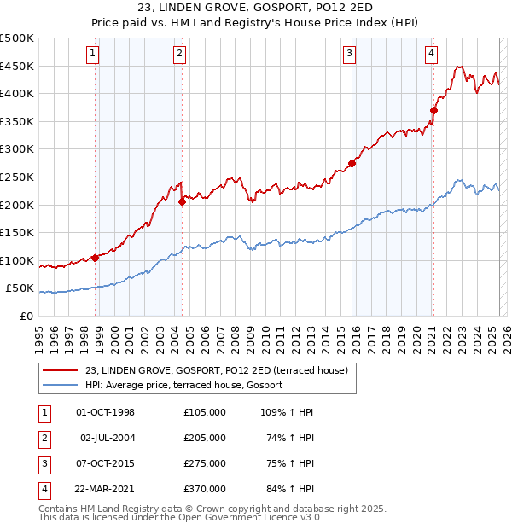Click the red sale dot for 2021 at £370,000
pyautogui.click(x=433, y=110)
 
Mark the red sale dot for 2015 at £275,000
pyautogui.click(x=352, y=163)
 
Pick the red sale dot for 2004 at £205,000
pyautogui.click(x=182, y=202)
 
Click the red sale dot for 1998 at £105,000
pyautogui.click(x=95, y=258)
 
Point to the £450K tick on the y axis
pyautogui.click(x=17, y=66)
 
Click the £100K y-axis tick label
pyautogui.click(x=17, y=260)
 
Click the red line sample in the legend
pyautogui.click(x=60, y=371)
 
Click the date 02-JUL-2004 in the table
pyautogui.click(x=108, y=438)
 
